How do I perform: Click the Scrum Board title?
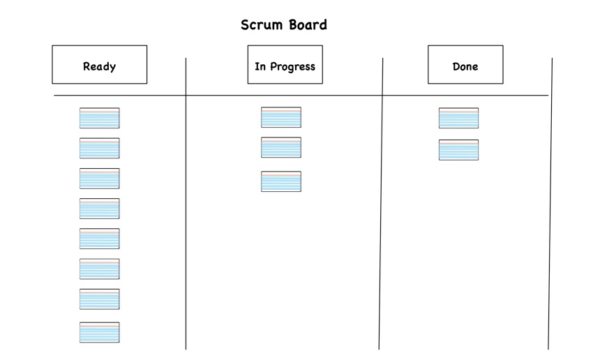pyautogui.click(x=283, y=25)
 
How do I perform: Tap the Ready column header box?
pyautogui.click(x=99, y=65)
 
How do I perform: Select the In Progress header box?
pyautogui.click(x=285, y=65)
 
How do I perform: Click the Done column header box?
pyautogui.click(x=465, y=65)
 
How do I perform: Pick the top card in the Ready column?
pyautogui.click(x=99, y=118)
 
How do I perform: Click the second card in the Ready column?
pyautogui.click(x=99, y=148)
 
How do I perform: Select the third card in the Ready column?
pyautogui.click(x=99, y=179)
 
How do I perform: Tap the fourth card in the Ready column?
pyautogui.click(x=99, y=209)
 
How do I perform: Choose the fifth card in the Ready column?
pyautogui.click(x=99, y=239)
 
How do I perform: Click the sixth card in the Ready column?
pyautogui.click(x=99, y=269)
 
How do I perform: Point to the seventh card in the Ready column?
pyautogui.click(x=99, y=299)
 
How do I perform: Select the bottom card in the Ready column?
pyautogui.click(x=99, y=332)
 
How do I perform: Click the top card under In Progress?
pyautogui.click(x=281, y=117)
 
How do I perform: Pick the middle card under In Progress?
pyautogui.click(x=281, y=147)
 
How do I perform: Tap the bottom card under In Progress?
pyautogui.click(x=281, y=181)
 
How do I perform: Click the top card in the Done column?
pyautogui.click(x=458, y=118)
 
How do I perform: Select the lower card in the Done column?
pyautogui.click(x=458, y=150)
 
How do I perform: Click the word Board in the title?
pyautogui.click(x=305, y=25)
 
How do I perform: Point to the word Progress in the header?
pyautogui.click(x=292, y=67)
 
